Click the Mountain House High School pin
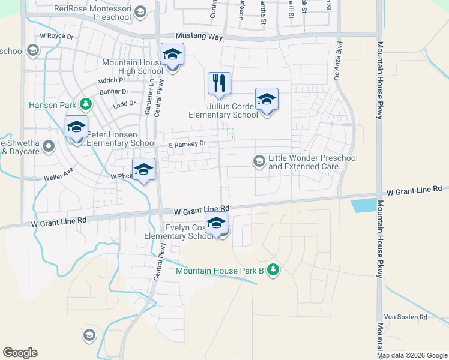172,55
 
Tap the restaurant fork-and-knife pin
219,83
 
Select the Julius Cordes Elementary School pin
267,100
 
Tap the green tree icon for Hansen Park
86,104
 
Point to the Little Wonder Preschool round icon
259,160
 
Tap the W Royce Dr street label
56,36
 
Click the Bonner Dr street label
115,92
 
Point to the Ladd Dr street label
124,104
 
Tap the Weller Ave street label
58,178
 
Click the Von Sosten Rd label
405,317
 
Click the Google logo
20,352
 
